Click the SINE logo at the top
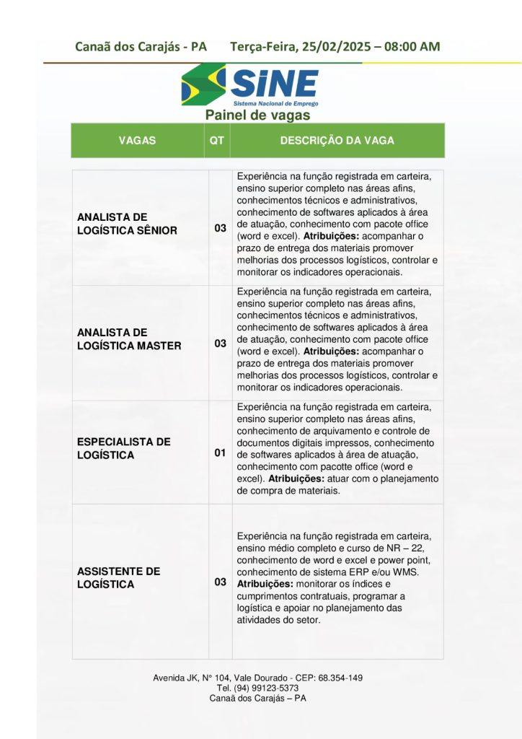pyautogui.click(x=250, y=85)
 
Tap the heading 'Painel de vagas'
pyautogui.click(x=257, y=115)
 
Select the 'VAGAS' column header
pyautogui.click(x=137, y=141)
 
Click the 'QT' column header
pyautogui.click(x=216, y=141)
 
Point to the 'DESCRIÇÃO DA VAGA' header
pyautogui.click(x=337, y=141)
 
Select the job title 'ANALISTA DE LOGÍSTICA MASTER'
pyautogui.click(x=129, y=339)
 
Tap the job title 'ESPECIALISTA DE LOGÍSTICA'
pyautogui.click(x=124, y=448)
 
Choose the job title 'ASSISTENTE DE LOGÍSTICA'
pyautogui.click(x=118, y=577)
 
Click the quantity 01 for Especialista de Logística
pyautogui.click(x=220, y=453)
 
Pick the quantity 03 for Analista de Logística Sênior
pyautogui.click(x=220, y=229)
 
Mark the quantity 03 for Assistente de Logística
pyautogui.click(x=220, y=582)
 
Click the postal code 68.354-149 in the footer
pyautogui.click(x=340, y=678)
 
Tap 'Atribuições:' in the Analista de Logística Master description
pyautogui.click(x=332, y=351)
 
